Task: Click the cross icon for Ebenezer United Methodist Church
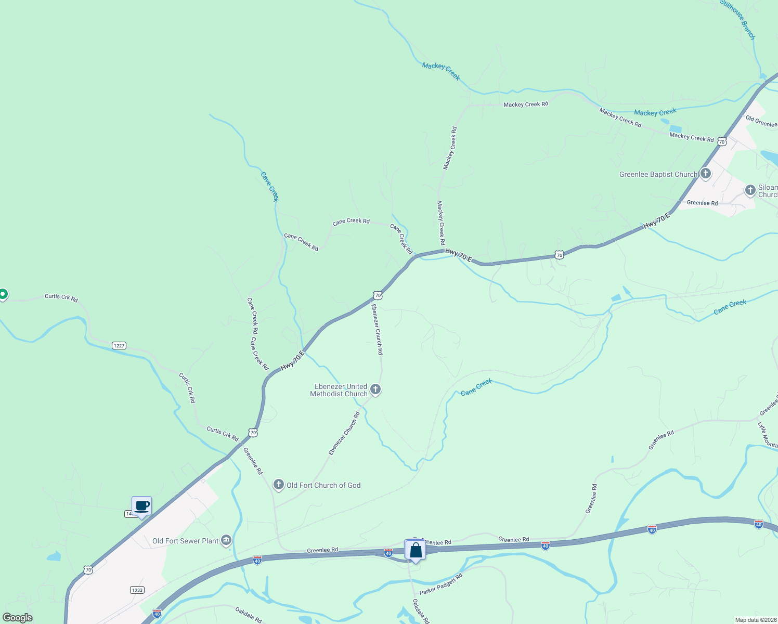[375, 389]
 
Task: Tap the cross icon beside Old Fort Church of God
[279, 485]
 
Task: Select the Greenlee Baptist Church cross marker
[705, 174]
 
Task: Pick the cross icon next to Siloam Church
[750, 190]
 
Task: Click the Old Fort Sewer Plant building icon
[226, 541]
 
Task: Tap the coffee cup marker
[141, 506]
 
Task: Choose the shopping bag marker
[416, 550]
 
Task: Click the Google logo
[18, 618]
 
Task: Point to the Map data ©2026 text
[755, 620]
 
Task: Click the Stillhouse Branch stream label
[737, 19]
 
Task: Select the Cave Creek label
[270, 187]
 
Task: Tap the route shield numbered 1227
[119, 346]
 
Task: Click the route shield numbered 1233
[137, 590]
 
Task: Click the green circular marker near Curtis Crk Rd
[3, 294]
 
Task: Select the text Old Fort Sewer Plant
[185, 541]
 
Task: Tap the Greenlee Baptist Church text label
[658, 175]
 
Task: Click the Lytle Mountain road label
[767, 435]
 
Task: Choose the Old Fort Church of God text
[323, 486]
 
